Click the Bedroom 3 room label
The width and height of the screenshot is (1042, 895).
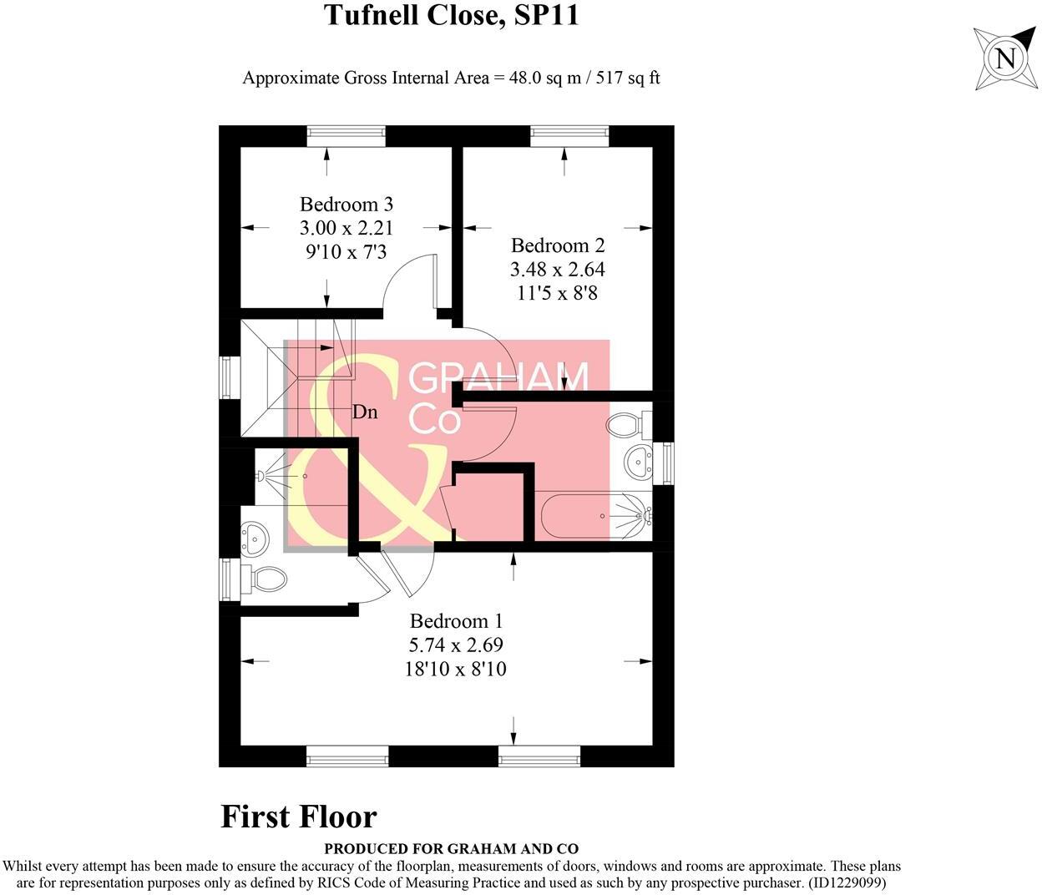pyautogui.click(x=346, y=205)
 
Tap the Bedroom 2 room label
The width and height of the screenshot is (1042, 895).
pyautogui.click(x=558, y=245)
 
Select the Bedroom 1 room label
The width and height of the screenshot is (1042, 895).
pyautogui.click(x=456, y=621)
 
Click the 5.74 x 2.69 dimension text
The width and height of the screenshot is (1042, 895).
pyautogui.click(x=456, y=645)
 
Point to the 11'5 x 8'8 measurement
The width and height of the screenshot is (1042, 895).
pyautogui.click(x=558, y=293)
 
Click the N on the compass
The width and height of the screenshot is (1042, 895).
pyautogui.click(x=1006, y=58)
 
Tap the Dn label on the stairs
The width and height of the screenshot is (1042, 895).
pyautogui.click(x=364, y=412)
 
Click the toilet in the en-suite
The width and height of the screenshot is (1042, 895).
pyautogui.click(x=266, y=577)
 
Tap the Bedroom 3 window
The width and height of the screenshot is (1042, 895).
pyautogui.click(x=346, y=136)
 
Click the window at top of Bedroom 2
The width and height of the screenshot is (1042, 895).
pyautogui.click(x=569, y=136)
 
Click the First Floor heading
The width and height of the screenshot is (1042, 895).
pyautogui.click(x=299, y=817)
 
